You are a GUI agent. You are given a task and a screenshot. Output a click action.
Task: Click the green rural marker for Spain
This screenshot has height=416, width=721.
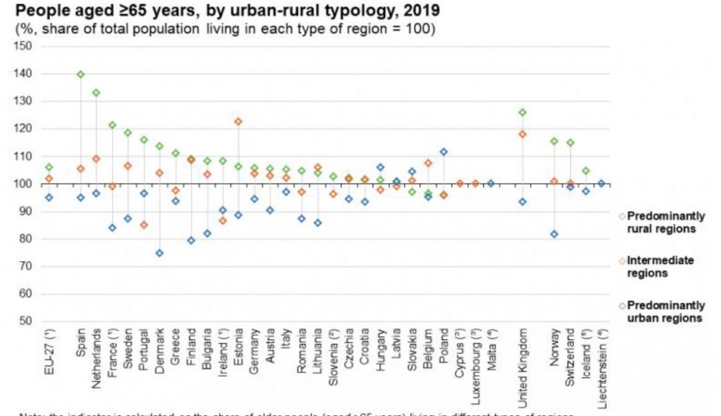point(80,74)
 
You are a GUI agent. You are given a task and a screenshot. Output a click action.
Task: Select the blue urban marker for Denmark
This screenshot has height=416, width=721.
point(159,253)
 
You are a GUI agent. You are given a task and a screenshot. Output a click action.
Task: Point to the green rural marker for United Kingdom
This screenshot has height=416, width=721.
point(522,112)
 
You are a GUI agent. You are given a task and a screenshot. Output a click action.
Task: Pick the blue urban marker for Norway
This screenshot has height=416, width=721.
point(554,234)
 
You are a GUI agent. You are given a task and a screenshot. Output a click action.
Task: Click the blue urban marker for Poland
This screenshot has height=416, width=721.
point(444,151)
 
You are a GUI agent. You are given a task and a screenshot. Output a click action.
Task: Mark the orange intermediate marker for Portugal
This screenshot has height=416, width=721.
point(144,225)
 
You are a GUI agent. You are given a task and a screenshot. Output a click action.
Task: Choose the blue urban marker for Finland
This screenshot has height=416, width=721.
point(191,240)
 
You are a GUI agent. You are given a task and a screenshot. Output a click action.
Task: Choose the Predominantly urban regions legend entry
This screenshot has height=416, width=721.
point(665,311)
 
